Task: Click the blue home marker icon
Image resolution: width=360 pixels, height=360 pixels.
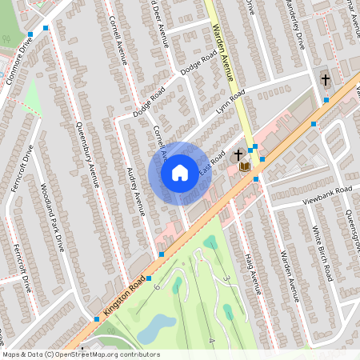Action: tap(180, 172)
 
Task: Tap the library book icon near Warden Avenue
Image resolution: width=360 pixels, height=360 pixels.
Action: tap(245, 166)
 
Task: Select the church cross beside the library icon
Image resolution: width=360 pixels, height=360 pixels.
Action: tap(238, 154)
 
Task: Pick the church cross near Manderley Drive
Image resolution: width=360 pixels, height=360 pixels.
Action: tap(325, 79)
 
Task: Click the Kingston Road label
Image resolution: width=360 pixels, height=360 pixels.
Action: tap(122, 297)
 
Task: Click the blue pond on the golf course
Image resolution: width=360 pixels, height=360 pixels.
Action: tap(156, 326)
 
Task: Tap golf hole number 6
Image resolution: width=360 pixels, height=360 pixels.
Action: tap(157, 286)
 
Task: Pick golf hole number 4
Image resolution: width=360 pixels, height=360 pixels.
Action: tap(212, 341)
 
